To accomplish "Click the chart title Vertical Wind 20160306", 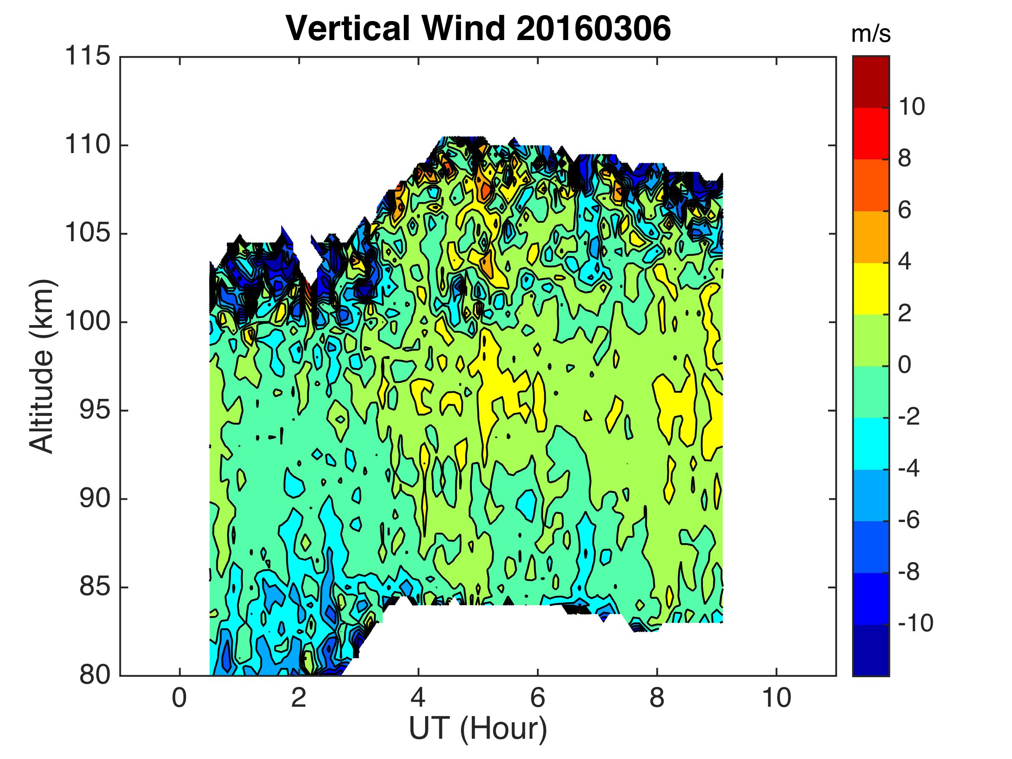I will click(479, 28).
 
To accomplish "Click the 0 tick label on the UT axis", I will click(179, 699).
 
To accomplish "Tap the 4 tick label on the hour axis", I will click(418, 699).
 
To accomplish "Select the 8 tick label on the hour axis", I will click(657, 699).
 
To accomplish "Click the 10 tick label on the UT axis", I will click(776, 699).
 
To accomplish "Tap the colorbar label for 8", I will click(904, 159).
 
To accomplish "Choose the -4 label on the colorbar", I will click(909, 468).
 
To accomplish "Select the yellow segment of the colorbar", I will click(871, 289).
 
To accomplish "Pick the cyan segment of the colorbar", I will click(871, 443).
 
